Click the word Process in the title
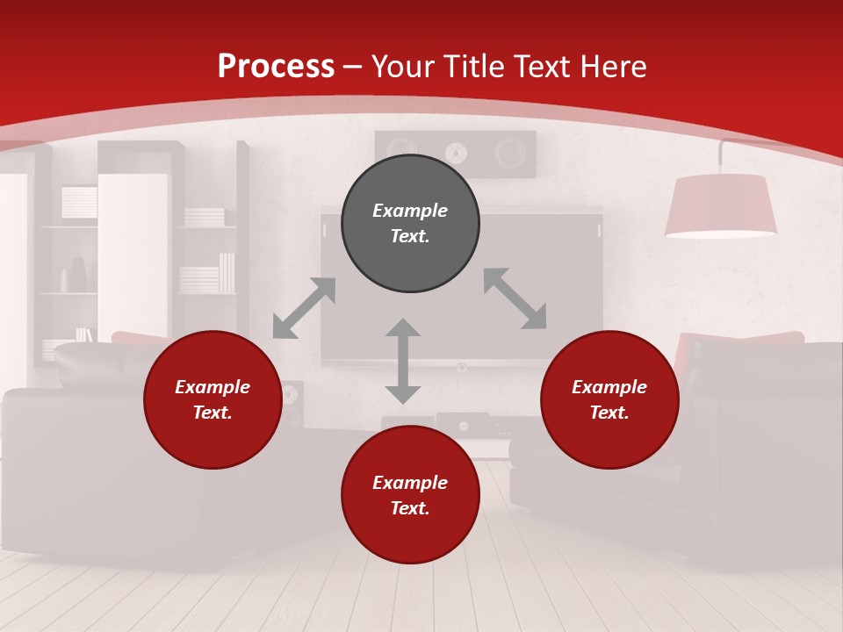point(276,67)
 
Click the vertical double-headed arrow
point(403,361)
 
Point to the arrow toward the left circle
point(304,308)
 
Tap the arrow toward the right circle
point(515,298)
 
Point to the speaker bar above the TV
point(455,154)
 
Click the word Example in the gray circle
point(410,211)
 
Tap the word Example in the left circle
point(213,387)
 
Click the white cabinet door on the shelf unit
point(132,255)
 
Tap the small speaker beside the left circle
point(292,399)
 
